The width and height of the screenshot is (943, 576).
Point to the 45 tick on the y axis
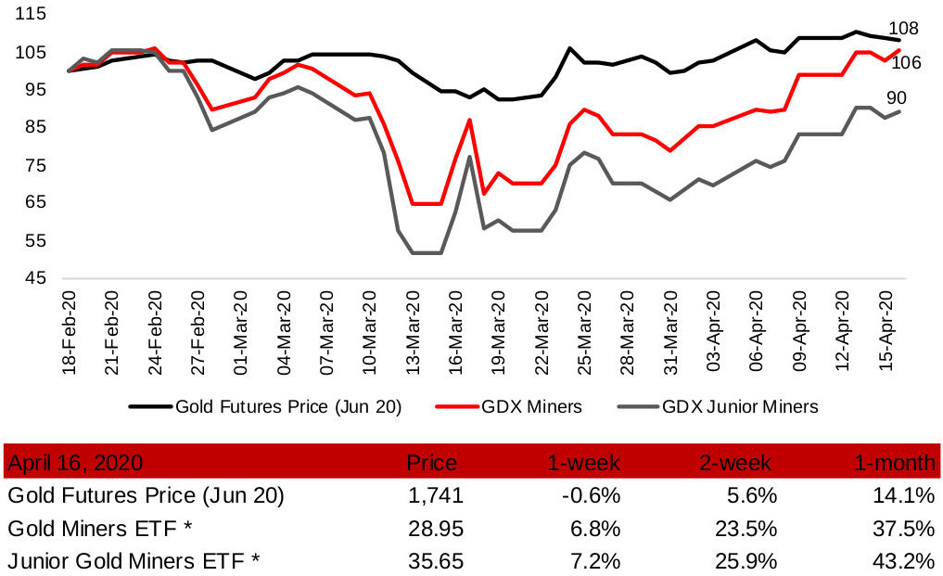[x=35, y=277]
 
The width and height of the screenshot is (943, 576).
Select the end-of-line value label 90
[x=898, y=98]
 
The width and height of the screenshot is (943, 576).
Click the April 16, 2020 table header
[x=75, y=462]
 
